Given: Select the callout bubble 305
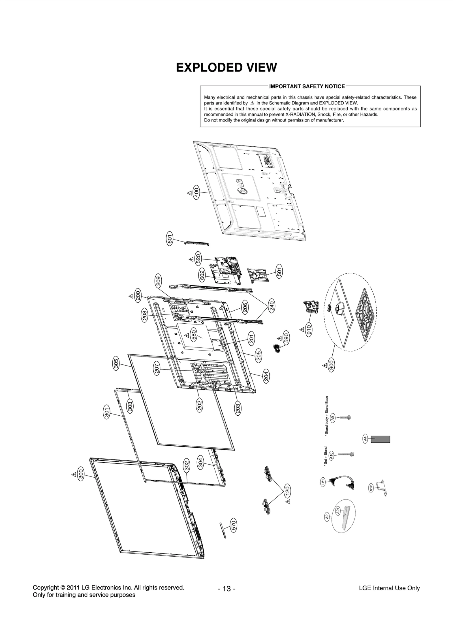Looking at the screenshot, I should (116, 363).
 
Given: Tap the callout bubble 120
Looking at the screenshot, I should (287, 490).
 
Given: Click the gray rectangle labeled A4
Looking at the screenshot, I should (381, 439).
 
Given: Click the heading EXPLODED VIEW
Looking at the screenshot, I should (226, 67).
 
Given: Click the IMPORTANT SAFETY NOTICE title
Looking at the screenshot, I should (307, 86).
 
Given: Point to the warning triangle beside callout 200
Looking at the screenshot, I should (131, 296).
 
